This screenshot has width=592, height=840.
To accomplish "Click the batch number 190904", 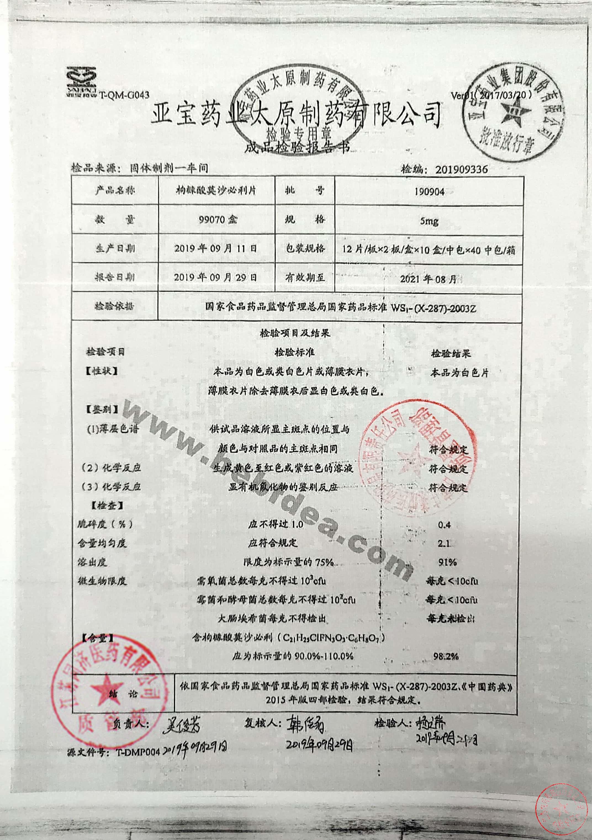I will tap(429, 192).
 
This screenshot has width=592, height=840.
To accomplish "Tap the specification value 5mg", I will tap(429, 221).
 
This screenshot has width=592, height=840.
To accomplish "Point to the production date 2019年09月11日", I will tap(216, 249).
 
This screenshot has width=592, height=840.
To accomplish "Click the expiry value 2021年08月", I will tap(428, 279).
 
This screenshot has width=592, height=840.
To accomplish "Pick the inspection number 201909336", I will tap(461, 169).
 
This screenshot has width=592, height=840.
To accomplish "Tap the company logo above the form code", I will tap(81, 81).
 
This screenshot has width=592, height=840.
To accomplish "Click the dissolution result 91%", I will tap(447, 562).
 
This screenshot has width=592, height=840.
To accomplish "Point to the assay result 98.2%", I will tap(446, 656).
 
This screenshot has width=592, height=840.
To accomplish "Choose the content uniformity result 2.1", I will tap(444, 544).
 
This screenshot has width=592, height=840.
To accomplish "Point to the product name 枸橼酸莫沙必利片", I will tap(216, 191).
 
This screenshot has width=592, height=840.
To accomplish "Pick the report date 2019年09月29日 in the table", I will tap(216, 277).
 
